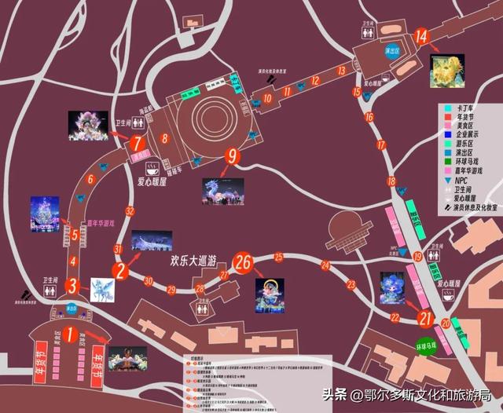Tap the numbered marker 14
tap(421, 36)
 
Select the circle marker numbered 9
tap(232, 156)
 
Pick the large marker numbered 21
tap(425, 318)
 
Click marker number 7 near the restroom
tap(138, 144)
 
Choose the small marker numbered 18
tap(381, 145)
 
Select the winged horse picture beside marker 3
tap(103, 289)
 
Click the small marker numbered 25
tap(278, 257)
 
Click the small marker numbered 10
tap(267, 99)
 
